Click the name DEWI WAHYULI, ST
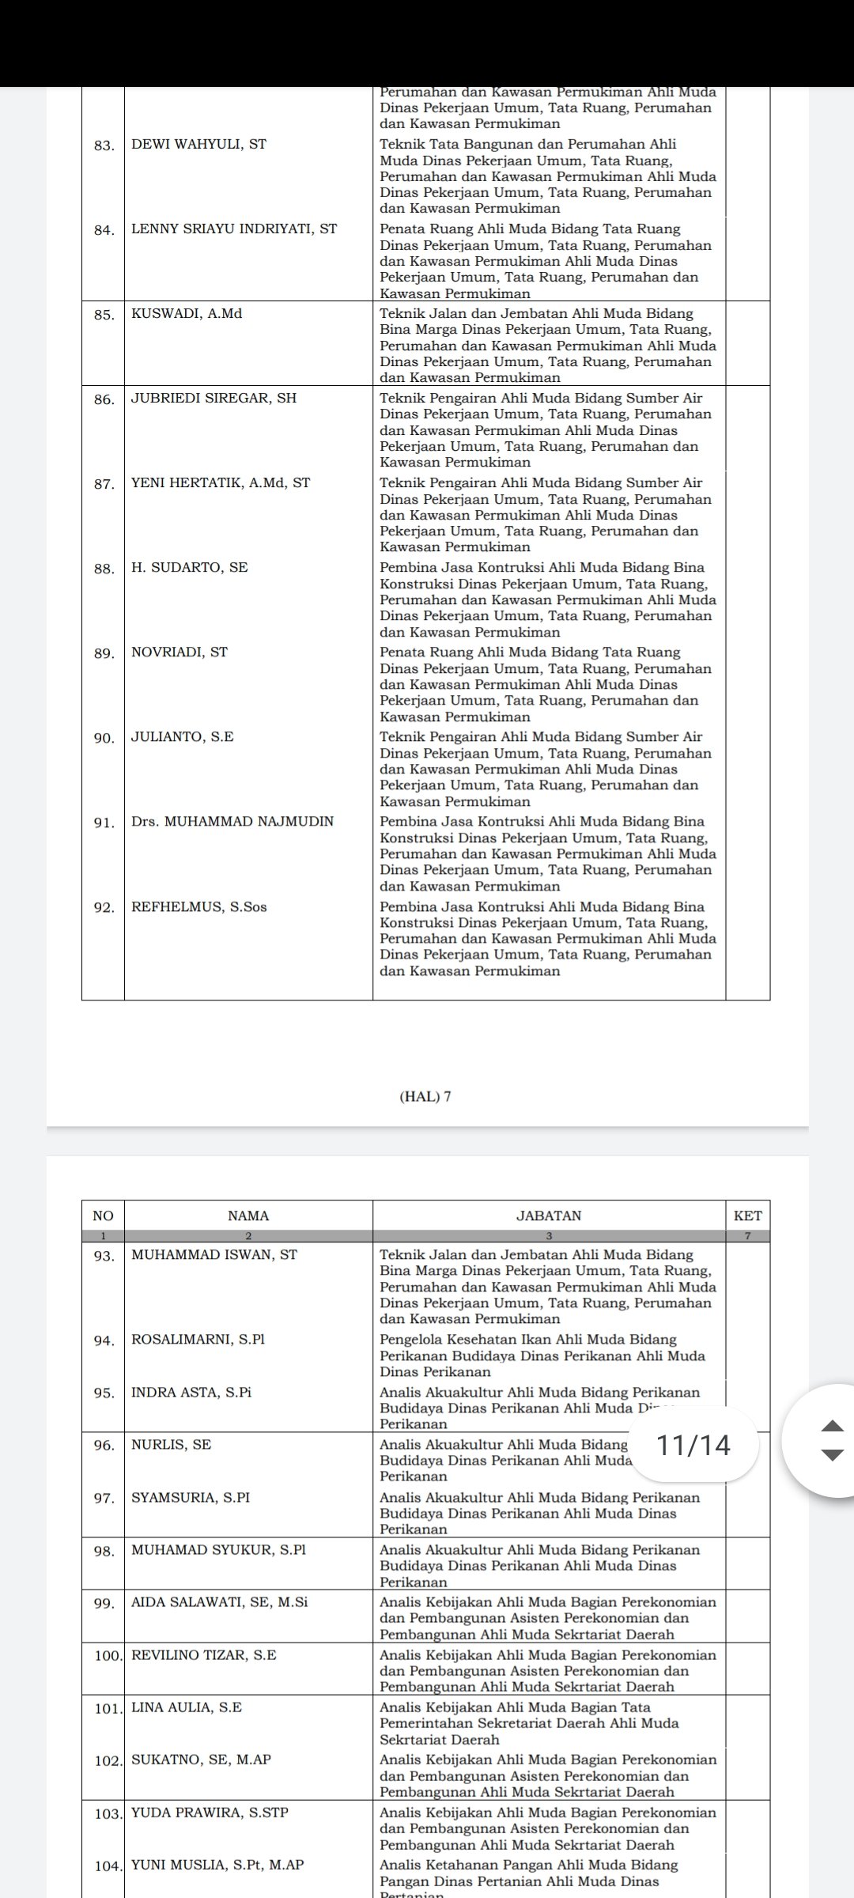(x=198, y=144)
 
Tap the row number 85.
(x=103, y=314)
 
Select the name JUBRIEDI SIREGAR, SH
(x=213, y=399)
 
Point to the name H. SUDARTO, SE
(x=190, y=568)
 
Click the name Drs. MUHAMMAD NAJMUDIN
(x=232, y=822)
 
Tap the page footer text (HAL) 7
(x=426, y=1096)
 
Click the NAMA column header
(x=248, y=1216)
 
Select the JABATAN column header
(x=549, y=1216)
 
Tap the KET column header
(x=747, y=1216)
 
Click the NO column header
(x=103, y=1216)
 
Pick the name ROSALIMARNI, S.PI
(x=198, y=1340)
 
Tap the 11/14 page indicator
(x=693, y=1446)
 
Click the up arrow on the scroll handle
(x=833, y=1426)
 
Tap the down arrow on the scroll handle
(x=833, y=1455)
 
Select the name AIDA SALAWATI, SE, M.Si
(x=220, y=1602)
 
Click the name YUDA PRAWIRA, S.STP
(x=210, y=1813)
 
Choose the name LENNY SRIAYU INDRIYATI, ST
(x=234, y=229)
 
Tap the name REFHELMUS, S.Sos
(x=199, y=907)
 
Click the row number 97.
(x=103, y=1498)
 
